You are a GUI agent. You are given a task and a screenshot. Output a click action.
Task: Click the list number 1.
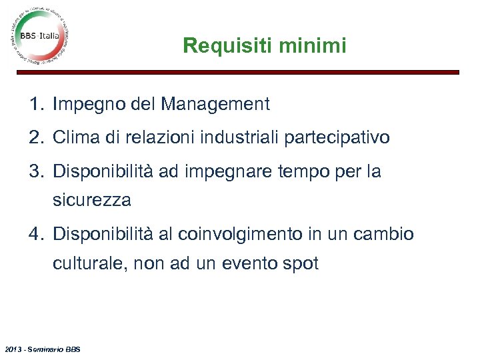[x=35, y=104]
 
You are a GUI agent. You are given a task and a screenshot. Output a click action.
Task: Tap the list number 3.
[x=35, y=171]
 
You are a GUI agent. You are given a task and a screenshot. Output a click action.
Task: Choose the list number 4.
[x=35, y=235]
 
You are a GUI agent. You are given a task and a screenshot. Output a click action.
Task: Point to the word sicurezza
[x=92, y=199]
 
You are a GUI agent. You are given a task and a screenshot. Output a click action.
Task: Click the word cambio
[x=383, y=235]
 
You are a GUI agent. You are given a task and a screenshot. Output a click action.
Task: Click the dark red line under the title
[x=267, y=72]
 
